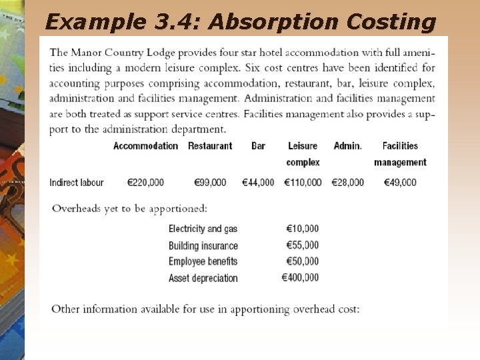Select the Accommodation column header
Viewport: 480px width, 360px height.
[x=145, y=146]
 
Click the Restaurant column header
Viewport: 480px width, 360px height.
[x=210, y=146]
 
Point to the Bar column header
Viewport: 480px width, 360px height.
[x=258, y=146]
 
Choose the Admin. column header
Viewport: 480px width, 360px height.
[x=347, y=146]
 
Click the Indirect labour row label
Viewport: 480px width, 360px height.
[x=77, y=183]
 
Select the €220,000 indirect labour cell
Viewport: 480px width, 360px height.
[x=145, y=183]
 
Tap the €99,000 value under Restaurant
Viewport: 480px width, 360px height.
[x=210, y=183]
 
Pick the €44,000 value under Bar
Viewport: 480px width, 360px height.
[x=258, y=183]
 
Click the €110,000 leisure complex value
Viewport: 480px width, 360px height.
[x=303, y=183]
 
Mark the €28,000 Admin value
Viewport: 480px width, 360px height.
[x=347, y=183]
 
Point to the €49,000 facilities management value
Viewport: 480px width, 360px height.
[x=400, y=183]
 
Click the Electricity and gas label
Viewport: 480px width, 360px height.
[x=203, y=229]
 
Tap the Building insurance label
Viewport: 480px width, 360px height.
[x=203, y=246]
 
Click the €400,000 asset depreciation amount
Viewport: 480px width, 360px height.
[x=301, y=277]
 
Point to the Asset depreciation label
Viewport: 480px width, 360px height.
[x=203, y=278]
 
